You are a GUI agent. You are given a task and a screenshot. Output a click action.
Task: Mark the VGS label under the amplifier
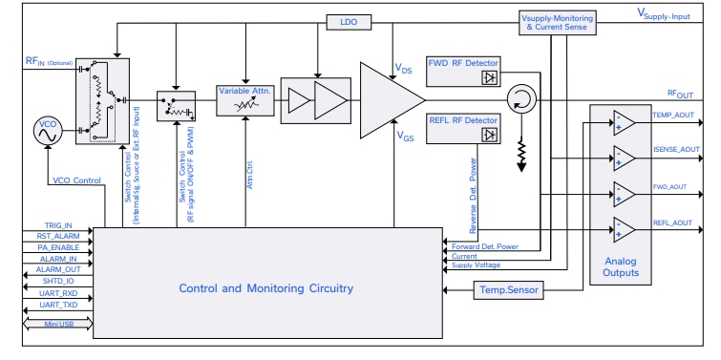pos(407,138)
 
